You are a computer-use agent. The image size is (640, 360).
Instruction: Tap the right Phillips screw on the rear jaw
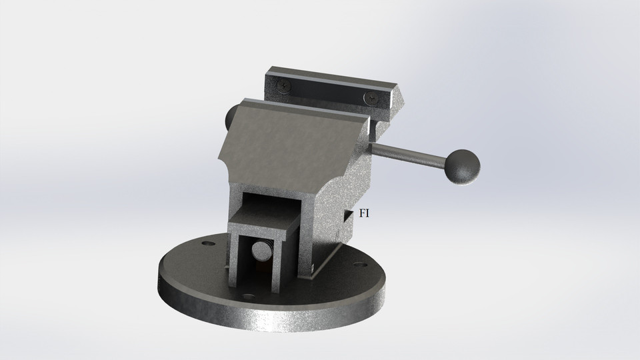pos(371,99)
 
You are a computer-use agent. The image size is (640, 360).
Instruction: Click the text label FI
pos(365,214)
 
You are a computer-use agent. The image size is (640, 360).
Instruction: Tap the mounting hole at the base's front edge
pos(249,296)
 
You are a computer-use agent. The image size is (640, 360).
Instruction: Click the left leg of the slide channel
pos(234,260)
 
